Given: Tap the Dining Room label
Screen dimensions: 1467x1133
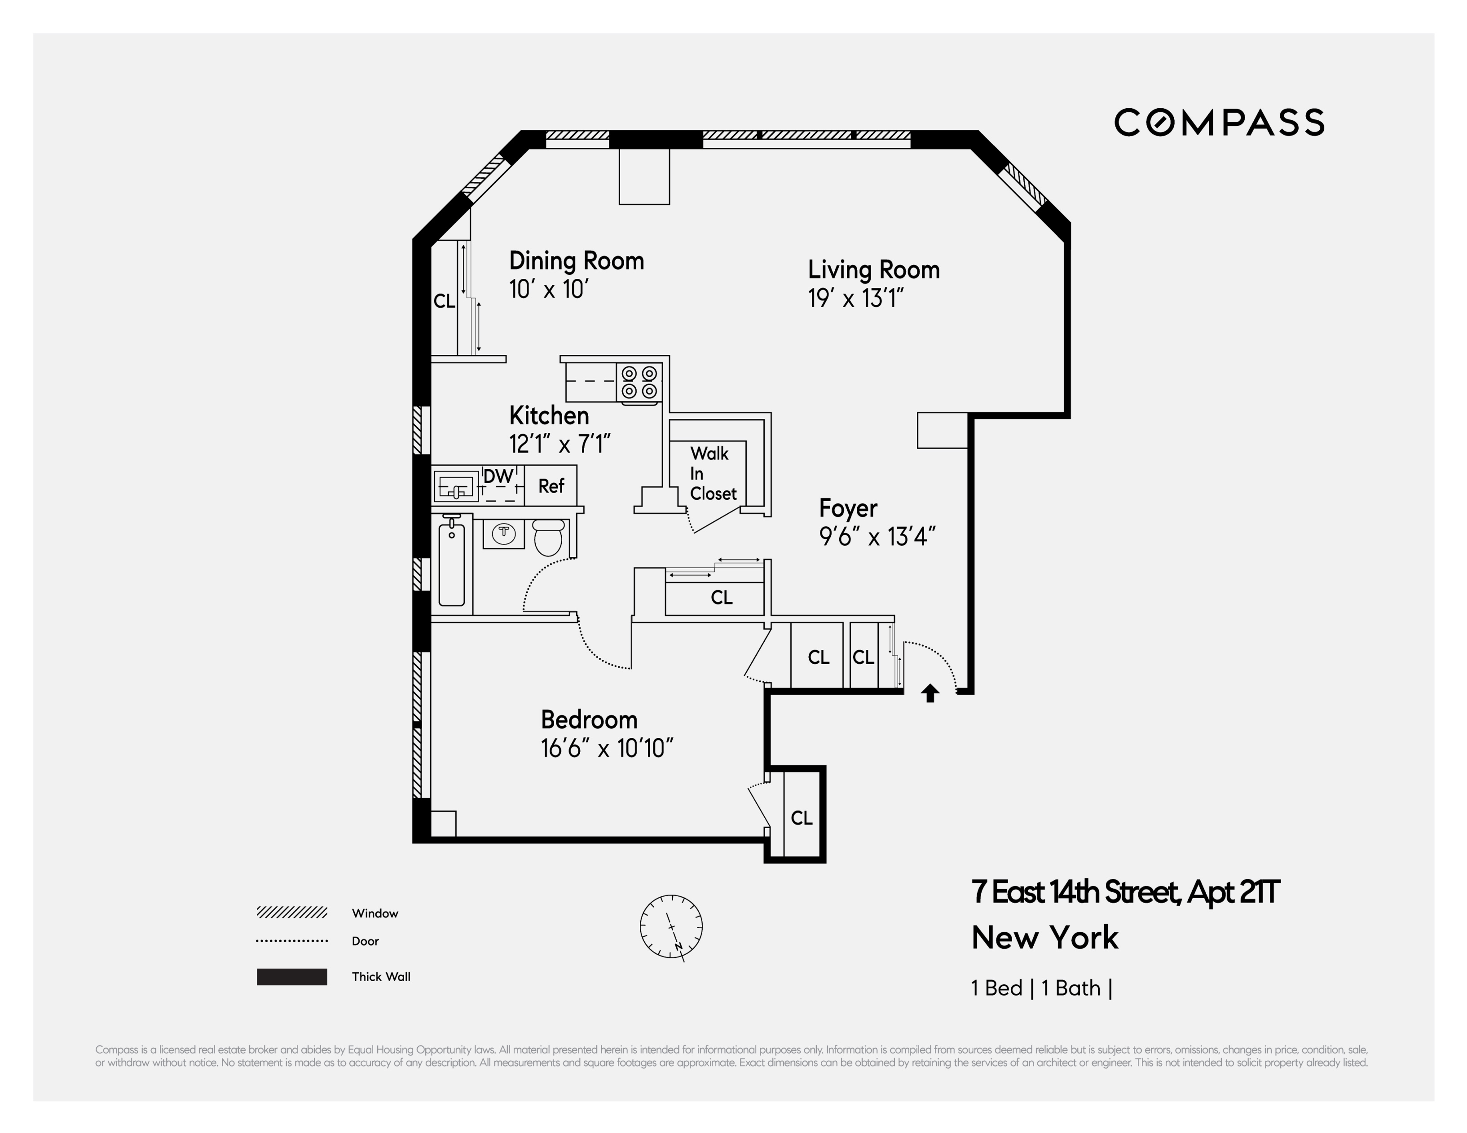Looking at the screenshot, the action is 576,260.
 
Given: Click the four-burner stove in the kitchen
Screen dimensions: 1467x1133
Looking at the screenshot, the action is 639,383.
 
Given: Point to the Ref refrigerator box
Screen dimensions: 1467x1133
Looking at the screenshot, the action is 551,485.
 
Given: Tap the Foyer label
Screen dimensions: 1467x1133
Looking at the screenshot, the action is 848,508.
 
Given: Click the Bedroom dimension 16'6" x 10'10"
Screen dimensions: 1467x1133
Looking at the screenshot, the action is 607,748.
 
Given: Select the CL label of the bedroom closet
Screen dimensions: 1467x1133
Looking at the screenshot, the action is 802,818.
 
